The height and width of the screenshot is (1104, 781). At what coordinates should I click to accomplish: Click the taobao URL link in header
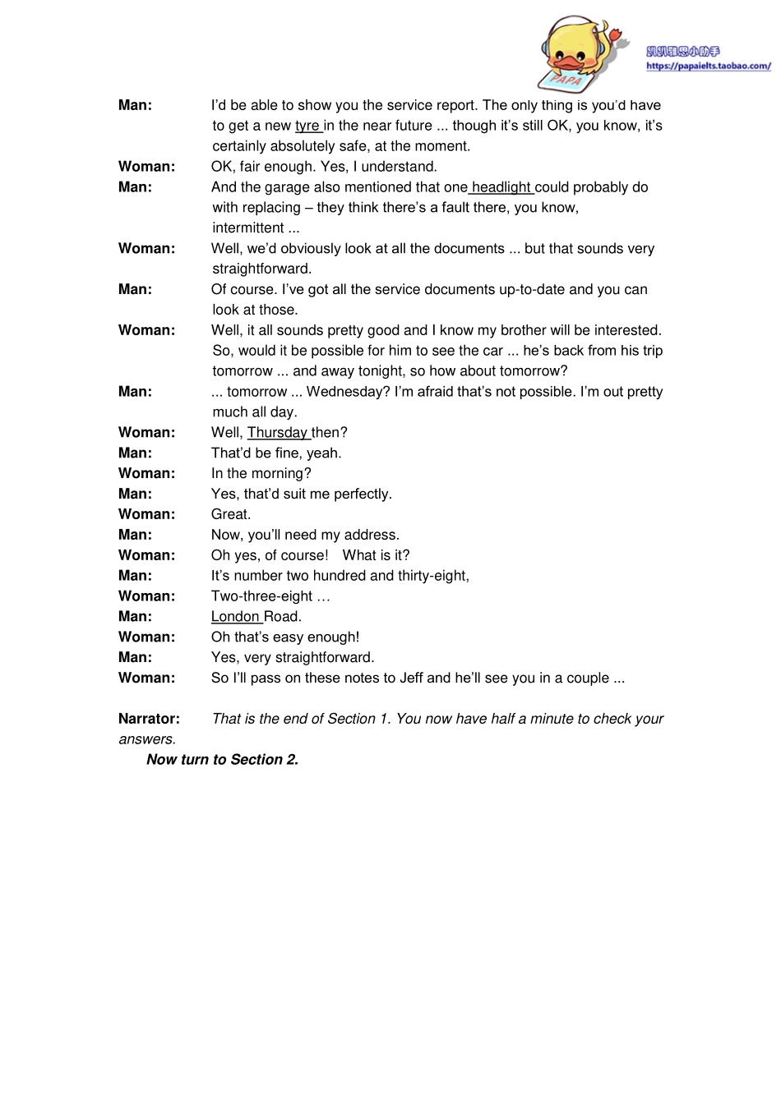[708, 67]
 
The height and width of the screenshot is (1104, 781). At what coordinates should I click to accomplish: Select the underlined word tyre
[307, 126]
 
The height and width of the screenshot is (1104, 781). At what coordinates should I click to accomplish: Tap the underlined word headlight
[501, 187]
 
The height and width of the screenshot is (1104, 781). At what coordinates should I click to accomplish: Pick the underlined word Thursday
[277, 433]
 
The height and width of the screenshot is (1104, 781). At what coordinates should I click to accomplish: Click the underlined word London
[235, 617]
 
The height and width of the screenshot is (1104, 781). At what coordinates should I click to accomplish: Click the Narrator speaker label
[149, 719]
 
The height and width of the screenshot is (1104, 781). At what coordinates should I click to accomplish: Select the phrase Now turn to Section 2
[222, 760]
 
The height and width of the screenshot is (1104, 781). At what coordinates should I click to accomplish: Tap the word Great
[230, 514]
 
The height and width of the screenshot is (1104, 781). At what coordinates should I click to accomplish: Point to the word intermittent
[249, 228]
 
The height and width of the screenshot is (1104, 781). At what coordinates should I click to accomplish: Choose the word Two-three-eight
[261, 596]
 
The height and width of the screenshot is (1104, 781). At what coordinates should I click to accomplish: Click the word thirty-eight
[432, 576]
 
